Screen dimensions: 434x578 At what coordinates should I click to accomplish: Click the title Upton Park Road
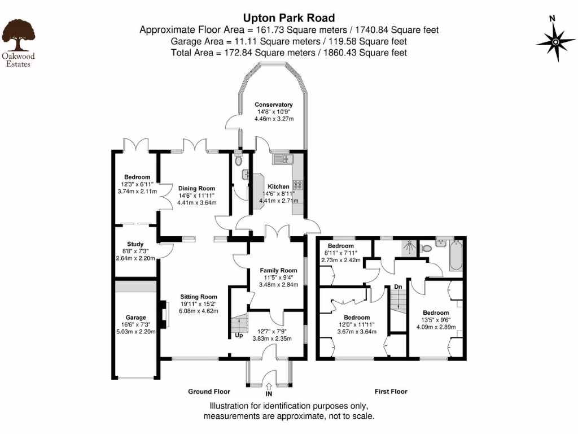pyautogui.click(x=288, y=18)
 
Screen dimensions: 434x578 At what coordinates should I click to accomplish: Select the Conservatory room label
pyautogui.click(x=273, y=105)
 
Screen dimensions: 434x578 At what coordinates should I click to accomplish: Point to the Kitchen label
pyautogui.click(x=278, y=186)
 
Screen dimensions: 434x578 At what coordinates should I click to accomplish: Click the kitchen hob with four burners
pyautogui.click(x=298, y=185)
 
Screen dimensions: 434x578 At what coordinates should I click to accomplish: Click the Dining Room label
pyautogui.click(x=196, y=188)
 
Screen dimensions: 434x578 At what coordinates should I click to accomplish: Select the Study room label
pyautogui.click(x=135, y=244)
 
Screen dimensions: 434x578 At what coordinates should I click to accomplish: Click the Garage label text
pyautogui.click(x=135, y=318)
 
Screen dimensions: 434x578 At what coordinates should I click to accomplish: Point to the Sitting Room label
pyautogui.click(x=199, y=296)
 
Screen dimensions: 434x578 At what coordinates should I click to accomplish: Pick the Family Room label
pyautogui.click(x=278, y=270)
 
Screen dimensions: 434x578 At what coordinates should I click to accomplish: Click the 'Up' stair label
pyautogui.click(x=239, y=335)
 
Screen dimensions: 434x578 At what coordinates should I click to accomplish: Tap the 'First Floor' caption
pyautogui.click(x=391, y=391)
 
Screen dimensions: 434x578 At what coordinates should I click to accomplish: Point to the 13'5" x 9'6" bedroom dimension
pyautogui.click(x=436, y=320)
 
